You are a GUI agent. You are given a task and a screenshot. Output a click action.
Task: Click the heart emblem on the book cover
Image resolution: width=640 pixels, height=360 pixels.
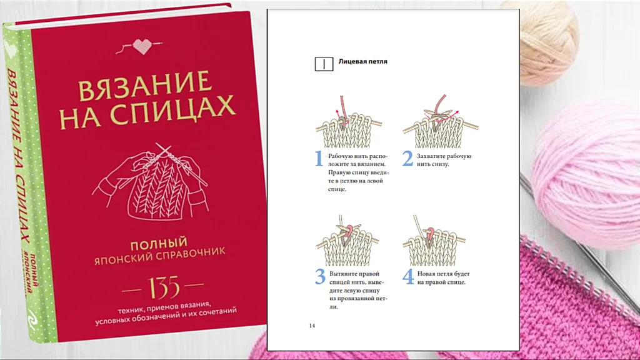click(x=142, y=46)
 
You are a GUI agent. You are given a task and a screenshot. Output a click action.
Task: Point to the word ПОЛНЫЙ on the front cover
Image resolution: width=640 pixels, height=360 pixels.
click(x=159, y=244)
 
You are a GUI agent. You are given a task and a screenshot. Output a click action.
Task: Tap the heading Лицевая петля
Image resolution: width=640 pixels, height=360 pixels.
click(x=363, y=62)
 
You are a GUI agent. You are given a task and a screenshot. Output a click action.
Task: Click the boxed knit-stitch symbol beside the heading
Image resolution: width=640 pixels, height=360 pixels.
click(x=324, y=64)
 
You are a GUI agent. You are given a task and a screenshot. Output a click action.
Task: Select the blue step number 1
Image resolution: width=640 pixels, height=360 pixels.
click(x=319, y=158)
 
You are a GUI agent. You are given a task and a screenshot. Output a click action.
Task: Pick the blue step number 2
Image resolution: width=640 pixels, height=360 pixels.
click(x=407, y=158)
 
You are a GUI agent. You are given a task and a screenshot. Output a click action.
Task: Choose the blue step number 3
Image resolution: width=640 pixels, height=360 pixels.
click(x=321, y=276)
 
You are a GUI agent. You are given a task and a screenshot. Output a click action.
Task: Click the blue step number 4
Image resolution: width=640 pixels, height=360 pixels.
click(x=408, y=276)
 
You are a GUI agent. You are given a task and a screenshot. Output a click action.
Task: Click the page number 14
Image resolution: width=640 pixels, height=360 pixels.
click(x=312, y=326)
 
